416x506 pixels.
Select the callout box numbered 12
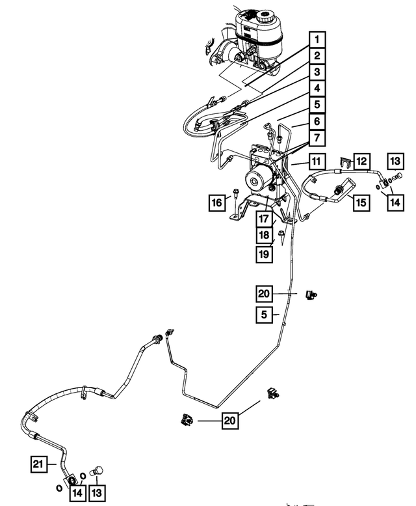(361, 161)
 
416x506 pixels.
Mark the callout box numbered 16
(214, 203)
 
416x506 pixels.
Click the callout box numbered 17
(263, 219)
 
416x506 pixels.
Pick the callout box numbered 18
(263, 236)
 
